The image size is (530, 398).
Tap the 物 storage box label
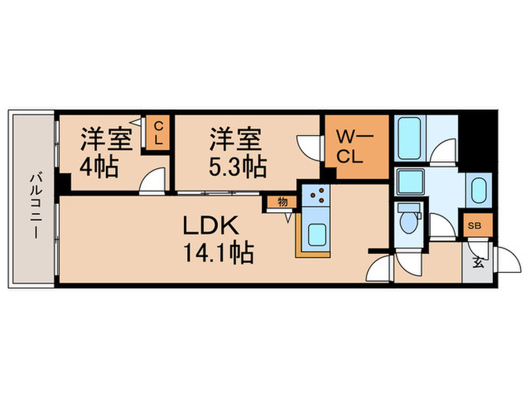coord(282,202)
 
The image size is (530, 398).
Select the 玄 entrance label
coord(479,264)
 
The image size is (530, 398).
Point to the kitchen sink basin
coord(315,234)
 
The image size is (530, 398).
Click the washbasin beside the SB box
coord(477,190)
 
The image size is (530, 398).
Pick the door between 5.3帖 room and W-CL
coord(309,146)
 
